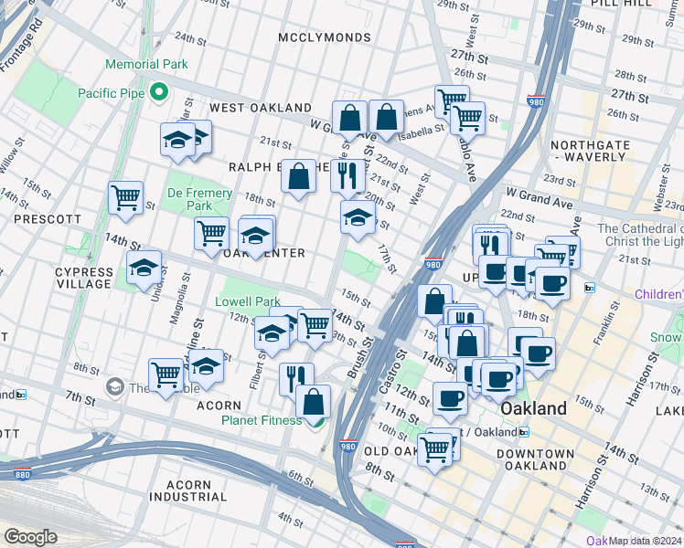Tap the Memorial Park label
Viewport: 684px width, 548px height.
pyautogui.click(x=146, y=64)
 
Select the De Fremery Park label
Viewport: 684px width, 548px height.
pyautogui.click(x=189, y=200)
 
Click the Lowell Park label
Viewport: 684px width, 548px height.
pyautogui.click(x=247, y=301)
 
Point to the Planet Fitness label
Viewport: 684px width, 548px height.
pyautogui.click(x=261, y=420)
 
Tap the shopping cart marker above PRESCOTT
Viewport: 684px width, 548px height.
pyautogui.click(x=125, y=196)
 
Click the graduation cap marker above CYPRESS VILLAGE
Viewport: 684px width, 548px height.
pyautogui.click(x=144, y=269)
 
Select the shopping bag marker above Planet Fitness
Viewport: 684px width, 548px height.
pyautogui.click(x=313, y=401)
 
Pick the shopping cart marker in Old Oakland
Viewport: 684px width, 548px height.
pyautogui.click(x=434, y=448)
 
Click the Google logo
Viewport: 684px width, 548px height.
pyautogui.click(x=30, y=537)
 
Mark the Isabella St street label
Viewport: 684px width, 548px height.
pyautogui.click(x=422, y=129)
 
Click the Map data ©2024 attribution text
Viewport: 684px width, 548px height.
pyautogui.click(x=645, y=541)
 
